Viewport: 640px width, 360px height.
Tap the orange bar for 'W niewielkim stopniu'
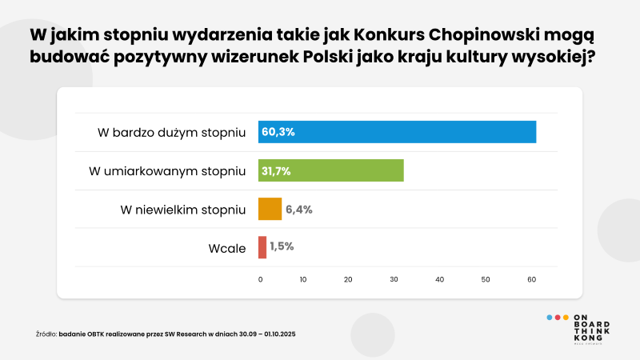coord(270,209)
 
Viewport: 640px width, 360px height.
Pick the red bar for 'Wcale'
coord(262,247)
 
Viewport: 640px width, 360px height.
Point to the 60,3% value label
coord(278,132)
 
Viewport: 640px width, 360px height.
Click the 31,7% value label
coord(274,170)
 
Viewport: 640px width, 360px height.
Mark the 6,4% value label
coord(298,209)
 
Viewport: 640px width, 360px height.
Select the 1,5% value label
coord(282,247)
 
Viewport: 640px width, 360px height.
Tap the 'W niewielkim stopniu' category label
coord(182,210)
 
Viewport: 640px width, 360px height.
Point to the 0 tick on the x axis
coord(260,279)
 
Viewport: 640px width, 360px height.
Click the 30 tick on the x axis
coord(394,279)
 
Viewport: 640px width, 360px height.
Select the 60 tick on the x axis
coord(530,279)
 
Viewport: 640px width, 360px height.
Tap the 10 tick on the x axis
coord(303,279)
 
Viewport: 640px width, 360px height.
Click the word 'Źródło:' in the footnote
coord(46,334)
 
